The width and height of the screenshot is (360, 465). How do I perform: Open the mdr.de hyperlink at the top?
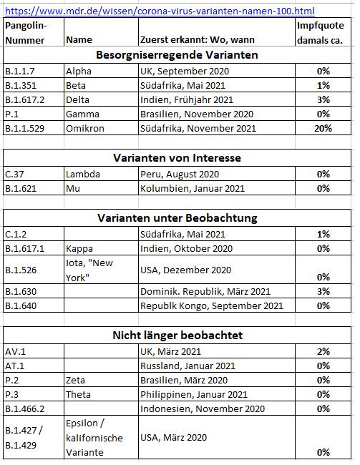tap(160, 11)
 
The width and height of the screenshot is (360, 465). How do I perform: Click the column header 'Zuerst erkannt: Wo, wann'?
tap(198, 40)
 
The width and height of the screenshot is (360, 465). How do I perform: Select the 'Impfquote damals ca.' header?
tap(320, 33)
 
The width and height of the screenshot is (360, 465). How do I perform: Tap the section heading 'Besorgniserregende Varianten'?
tap(177, 55)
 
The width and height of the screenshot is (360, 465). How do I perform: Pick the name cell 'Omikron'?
tap(85, 128)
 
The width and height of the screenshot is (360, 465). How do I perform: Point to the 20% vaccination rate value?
tap(323, 128)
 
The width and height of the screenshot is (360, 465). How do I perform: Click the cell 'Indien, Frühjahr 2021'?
tap(187, 99)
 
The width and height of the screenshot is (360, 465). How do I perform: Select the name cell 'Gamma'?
tap(82, 114)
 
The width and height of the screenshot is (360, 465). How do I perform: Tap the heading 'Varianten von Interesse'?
tap(177, 158)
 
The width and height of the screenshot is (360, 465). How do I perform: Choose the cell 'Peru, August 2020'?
tap(180, 174)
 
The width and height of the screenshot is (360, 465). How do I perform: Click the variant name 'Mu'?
tap(73, 189)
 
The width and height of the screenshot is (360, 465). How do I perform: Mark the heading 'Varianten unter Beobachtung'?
tap(177, 218)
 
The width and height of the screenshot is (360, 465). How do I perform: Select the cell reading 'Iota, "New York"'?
tap(89, 270)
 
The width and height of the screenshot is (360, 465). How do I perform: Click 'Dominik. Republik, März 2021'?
tap(205, 291)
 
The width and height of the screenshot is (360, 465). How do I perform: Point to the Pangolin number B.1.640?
tap(21, 305)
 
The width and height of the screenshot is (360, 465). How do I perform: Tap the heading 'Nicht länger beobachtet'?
tap(177, 335)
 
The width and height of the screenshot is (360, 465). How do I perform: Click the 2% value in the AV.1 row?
tap(323, 352)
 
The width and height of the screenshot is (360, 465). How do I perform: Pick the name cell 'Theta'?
tap(78, 395)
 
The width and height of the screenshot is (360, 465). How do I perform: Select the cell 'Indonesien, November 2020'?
tap(203, 409)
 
